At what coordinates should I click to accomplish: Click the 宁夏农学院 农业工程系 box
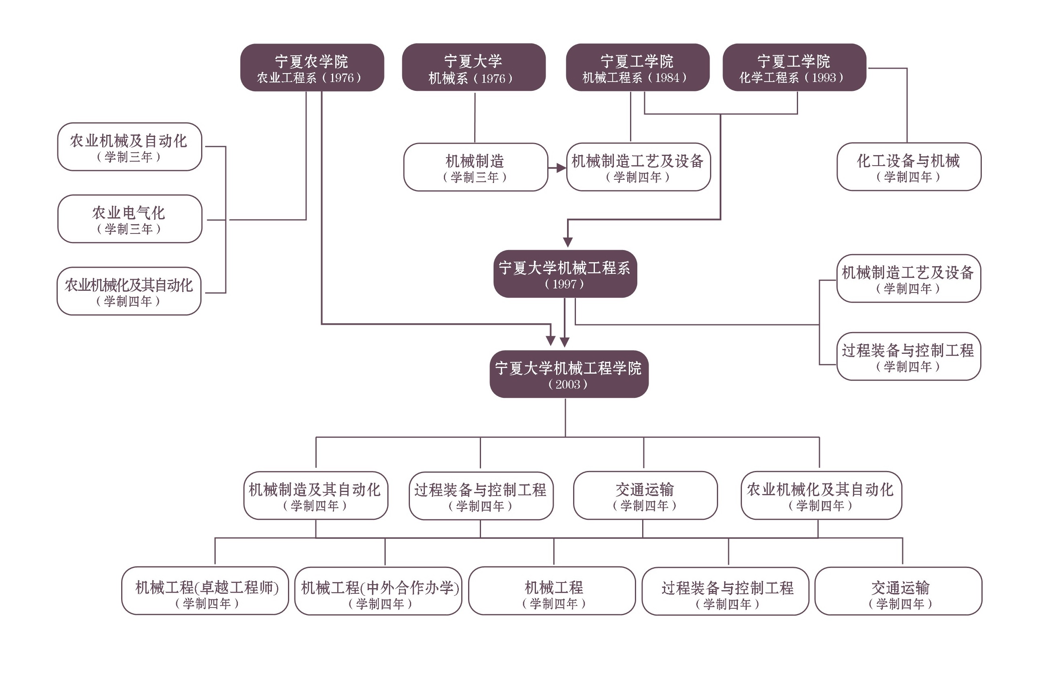point(312,68)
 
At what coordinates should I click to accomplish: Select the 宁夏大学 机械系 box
point(474,68)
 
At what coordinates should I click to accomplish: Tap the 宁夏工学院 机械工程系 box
point(637,68)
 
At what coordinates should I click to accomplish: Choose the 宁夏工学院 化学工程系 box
point(794,68)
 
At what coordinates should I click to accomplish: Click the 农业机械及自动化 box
point(130,147)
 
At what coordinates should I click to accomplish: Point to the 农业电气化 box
point(130,219)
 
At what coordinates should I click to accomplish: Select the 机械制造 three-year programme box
point(475,167)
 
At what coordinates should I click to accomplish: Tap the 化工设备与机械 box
point(908,167)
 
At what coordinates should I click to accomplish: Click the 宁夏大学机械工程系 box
point(565,274)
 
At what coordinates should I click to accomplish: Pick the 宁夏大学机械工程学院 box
point(568,374)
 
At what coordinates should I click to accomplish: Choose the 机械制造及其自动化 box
point(315,495)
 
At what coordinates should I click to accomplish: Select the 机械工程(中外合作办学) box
point(378,591)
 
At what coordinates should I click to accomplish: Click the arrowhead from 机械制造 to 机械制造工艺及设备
point(562,168)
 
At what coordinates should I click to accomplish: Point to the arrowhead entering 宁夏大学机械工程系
point(568,242)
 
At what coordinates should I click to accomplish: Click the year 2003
point(568,385)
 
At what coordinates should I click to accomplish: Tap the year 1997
point(564,284)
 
